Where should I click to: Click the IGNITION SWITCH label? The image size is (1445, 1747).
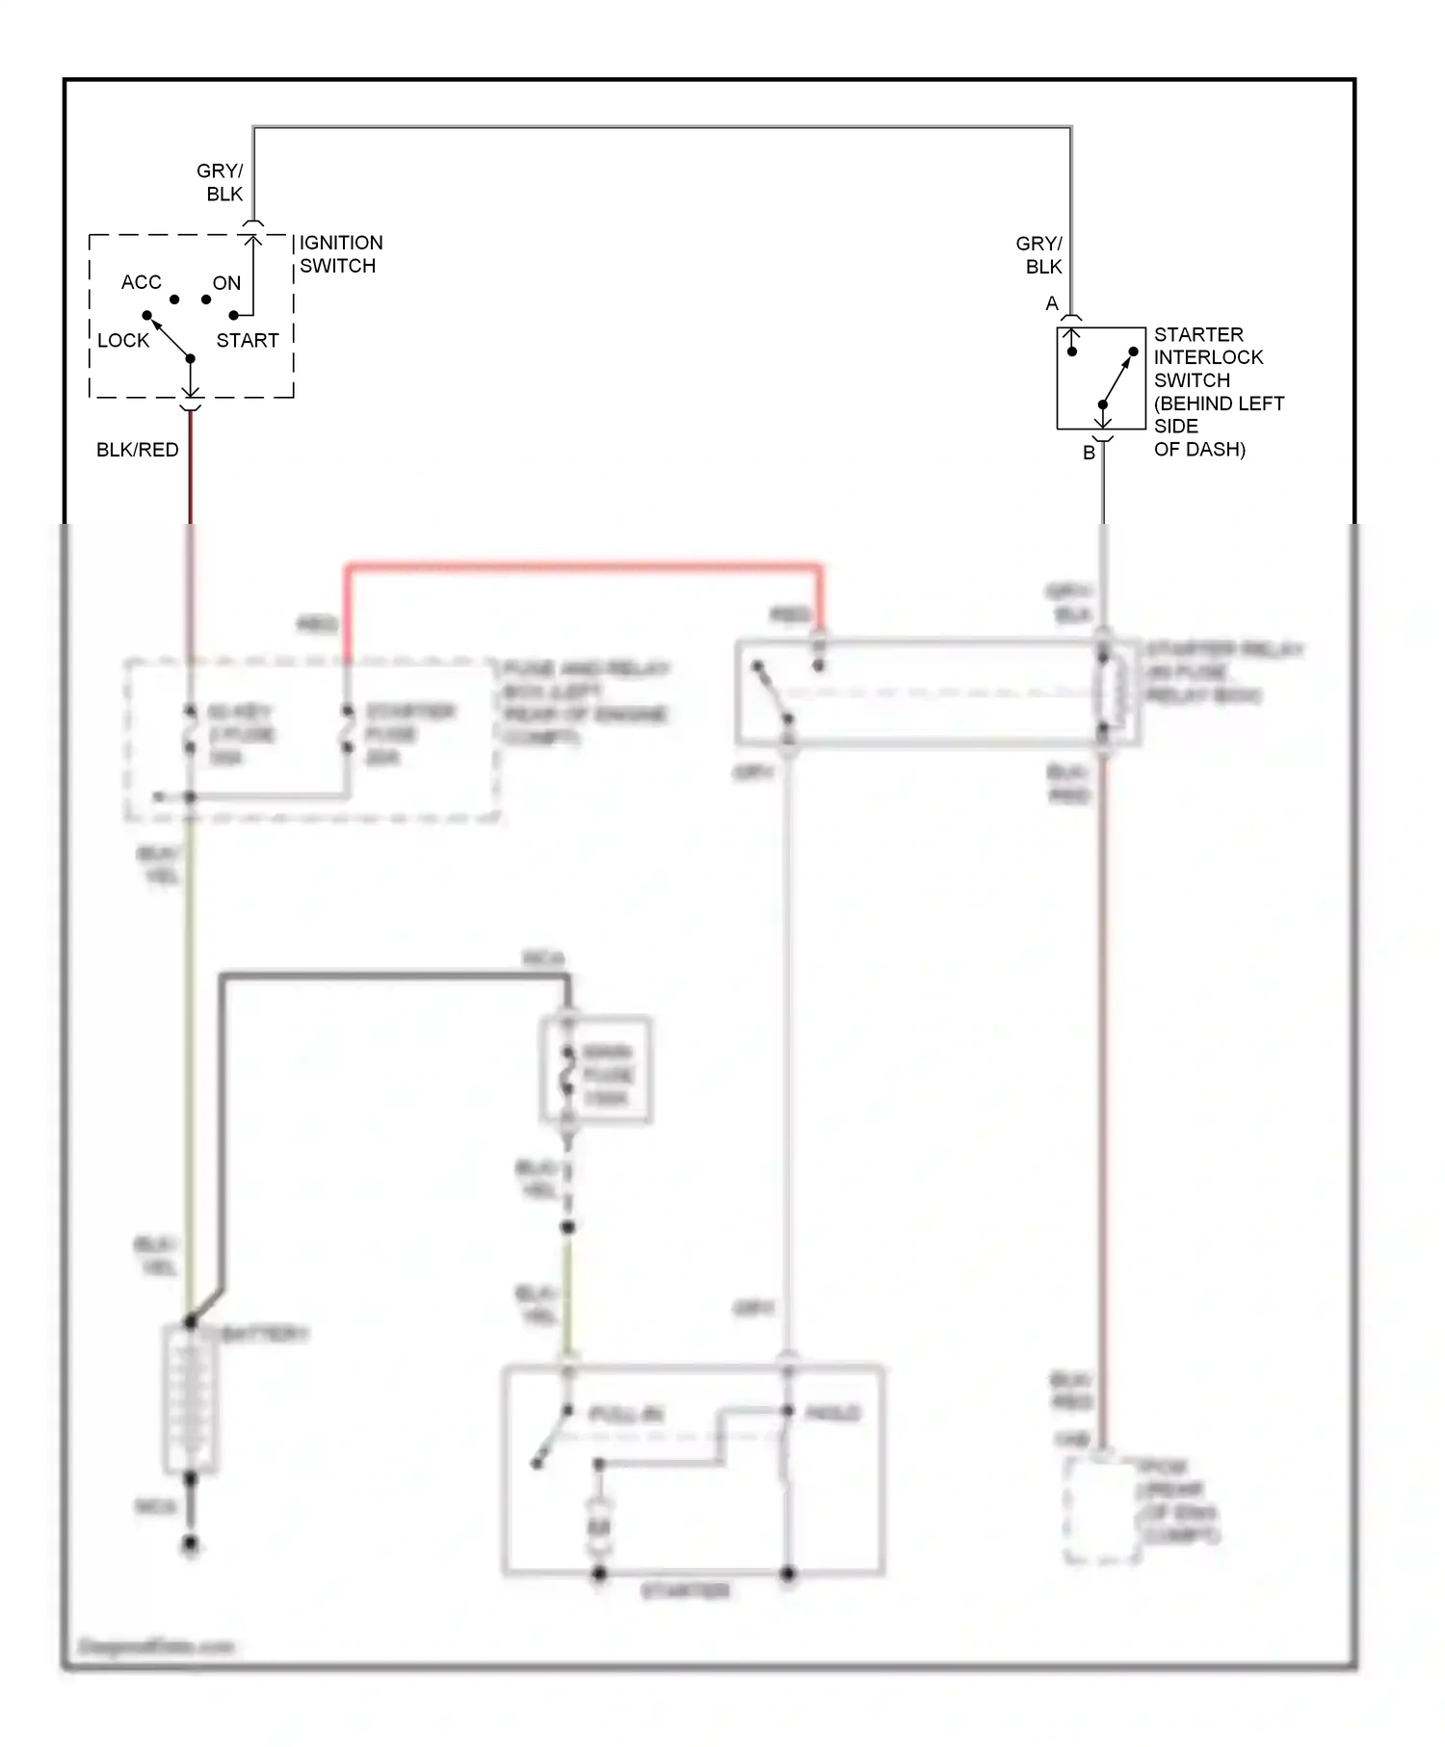tap(340, 254)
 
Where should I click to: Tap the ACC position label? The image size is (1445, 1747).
tap(141, 282)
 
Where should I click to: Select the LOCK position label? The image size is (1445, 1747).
tap(123, 340)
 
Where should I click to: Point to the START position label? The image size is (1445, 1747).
tap(248, 340)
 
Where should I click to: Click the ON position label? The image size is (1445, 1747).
tap(226, 283)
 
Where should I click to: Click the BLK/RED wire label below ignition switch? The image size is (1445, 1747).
tap(138, 450)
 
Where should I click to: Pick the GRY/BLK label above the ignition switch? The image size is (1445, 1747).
tap(222, 182)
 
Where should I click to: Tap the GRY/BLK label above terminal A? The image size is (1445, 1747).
tap(1040, 255)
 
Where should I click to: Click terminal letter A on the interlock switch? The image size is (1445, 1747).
tap(1052, 304)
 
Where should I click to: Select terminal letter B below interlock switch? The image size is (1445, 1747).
tap(1089, 453)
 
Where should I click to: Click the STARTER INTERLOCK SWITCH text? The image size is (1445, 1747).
tap(1218, 391)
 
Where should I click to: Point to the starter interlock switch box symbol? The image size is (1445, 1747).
tap(1101, 378)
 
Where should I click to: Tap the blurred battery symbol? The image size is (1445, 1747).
tap(191, 1399)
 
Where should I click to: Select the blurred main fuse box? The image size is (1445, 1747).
tap(595, 1070)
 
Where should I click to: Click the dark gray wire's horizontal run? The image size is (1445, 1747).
tap(395, 978)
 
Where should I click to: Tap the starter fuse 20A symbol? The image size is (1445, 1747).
tap(348, 735)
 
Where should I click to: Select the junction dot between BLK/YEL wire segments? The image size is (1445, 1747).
tap(567, 1227)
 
